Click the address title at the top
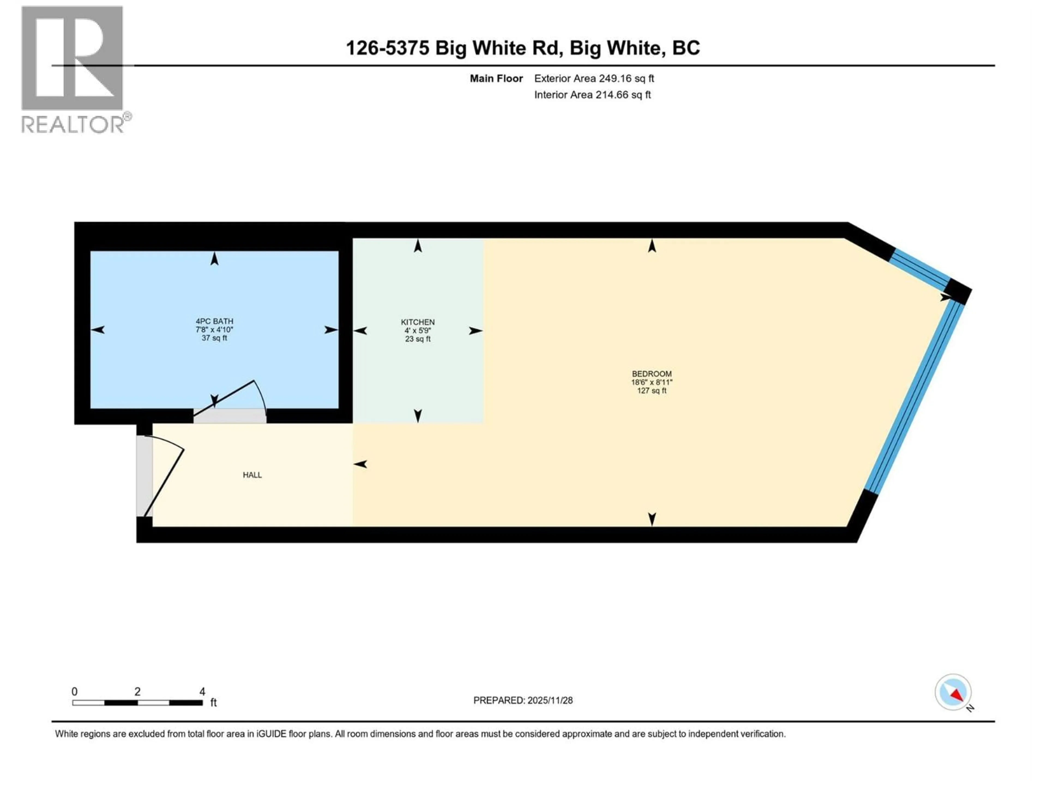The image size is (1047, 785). [x=523, y=48]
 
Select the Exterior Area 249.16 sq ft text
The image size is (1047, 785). [x=594, y=78]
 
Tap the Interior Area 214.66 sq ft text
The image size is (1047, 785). [x=592, y=95]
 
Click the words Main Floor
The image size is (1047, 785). [x=496, y=78]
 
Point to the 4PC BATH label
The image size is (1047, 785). [x=214, y=321]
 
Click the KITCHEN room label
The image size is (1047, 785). [x=417, y=322]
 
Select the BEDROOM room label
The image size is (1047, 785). [x=651, y=374]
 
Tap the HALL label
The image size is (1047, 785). [x=252, y=475]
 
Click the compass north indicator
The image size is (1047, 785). [x=953, y=692]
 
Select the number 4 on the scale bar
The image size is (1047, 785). [x=202, y=692]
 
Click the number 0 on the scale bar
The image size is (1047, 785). [x=74, y=692]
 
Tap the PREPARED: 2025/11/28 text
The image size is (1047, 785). [x=523, y=700]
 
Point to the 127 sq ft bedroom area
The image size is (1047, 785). [x=651, y=391]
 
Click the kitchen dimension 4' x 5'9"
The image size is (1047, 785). [x=417, y=331]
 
